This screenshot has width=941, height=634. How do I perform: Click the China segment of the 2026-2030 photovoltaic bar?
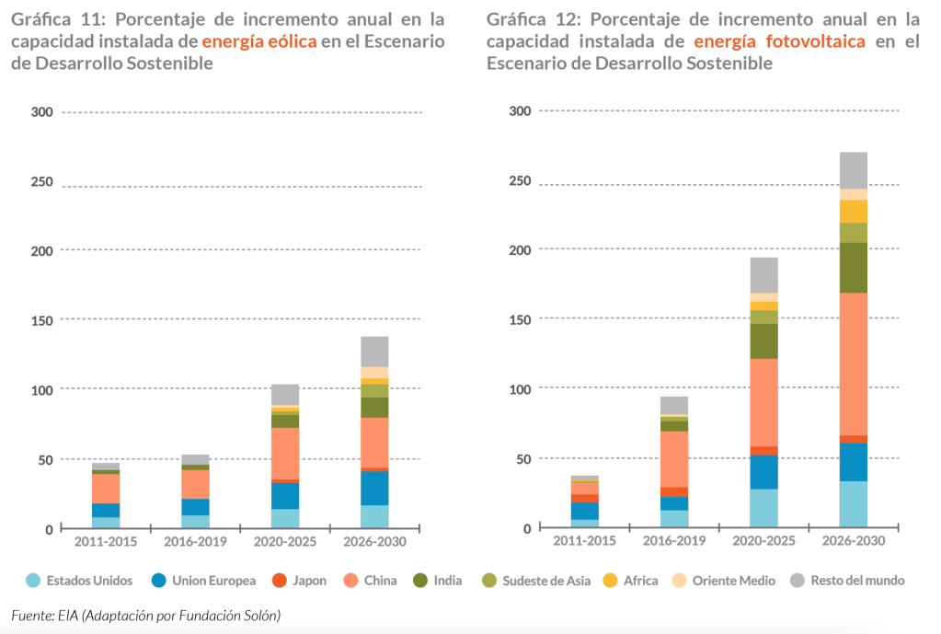click(853, 363)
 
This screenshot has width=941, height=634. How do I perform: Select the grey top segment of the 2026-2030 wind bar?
click(374, 352)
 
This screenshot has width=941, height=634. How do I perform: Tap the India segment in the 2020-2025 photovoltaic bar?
click(763, 340)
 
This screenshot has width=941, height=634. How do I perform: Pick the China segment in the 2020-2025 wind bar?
click(284, 453)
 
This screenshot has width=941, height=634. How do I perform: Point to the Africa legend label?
click(640, 581)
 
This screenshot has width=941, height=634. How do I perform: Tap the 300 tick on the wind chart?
click(43, 111)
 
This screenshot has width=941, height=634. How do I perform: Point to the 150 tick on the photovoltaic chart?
click(520, 318)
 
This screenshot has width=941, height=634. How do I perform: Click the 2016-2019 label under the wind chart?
click(195, 541)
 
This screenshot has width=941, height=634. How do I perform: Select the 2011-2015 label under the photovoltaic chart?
click(583, 540)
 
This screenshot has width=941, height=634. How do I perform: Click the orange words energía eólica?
click(259, 41)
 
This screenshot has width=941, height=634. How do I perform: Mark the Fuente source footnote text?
click(145, 614)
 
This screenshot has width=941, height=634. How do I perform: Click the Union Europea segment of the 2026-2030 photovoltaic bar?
click(853, 462)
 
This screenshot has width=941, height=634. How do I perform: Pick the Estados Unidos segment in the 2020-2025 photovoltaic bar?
click(763, 508)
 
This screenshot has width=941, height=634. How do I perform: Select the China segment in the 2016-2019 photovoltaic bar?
click(674, 458)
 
